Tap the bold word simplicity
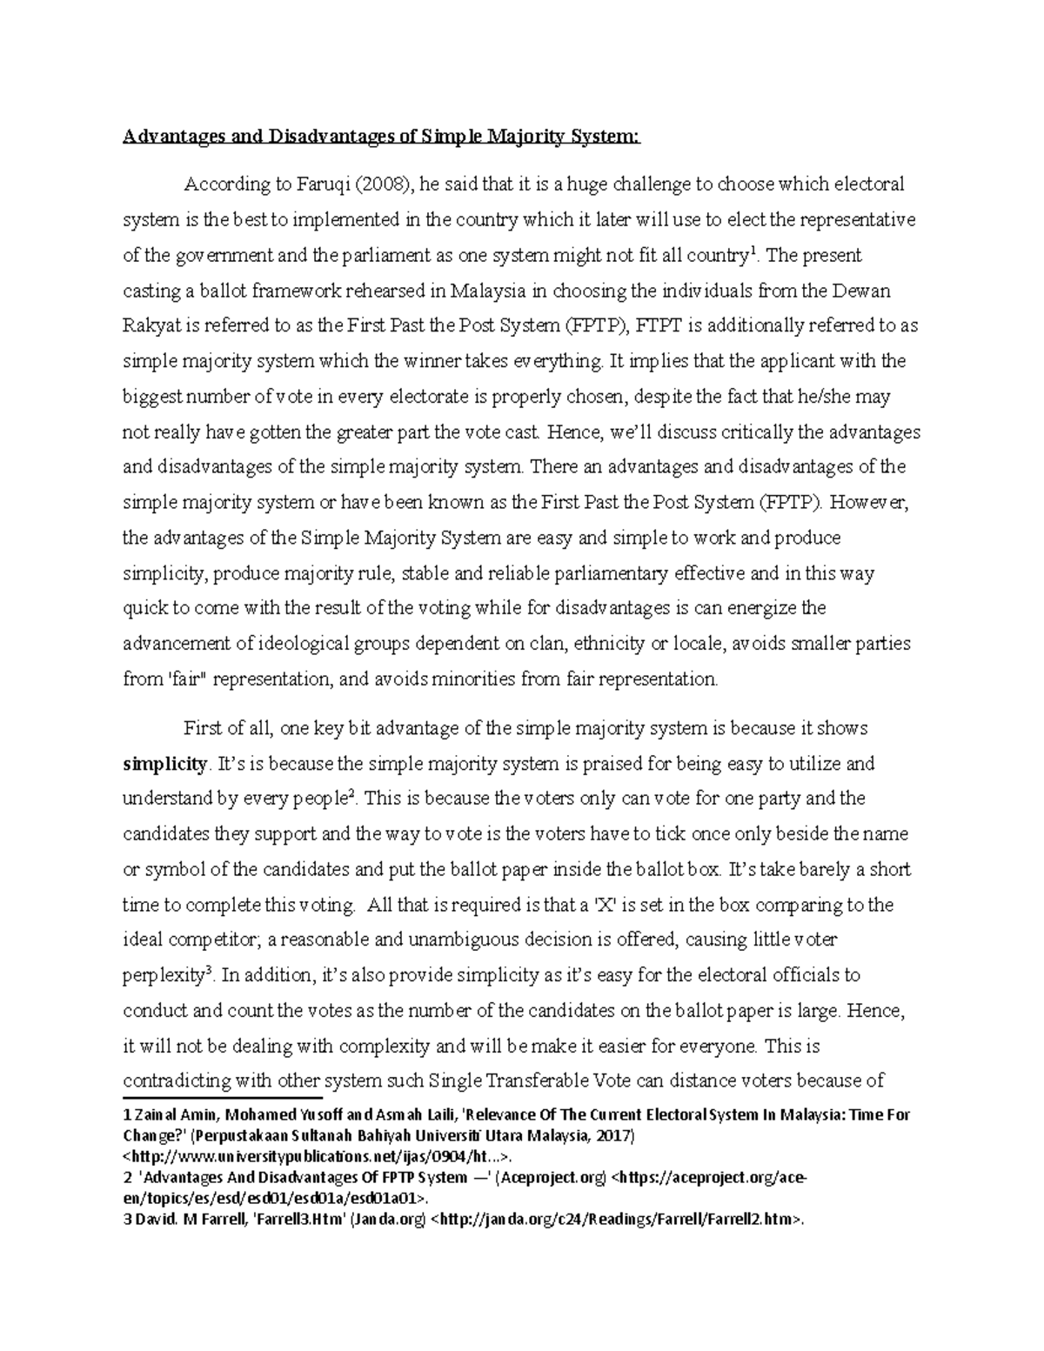(x=164, y=765)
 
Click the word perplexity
(x=163, y=977)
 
